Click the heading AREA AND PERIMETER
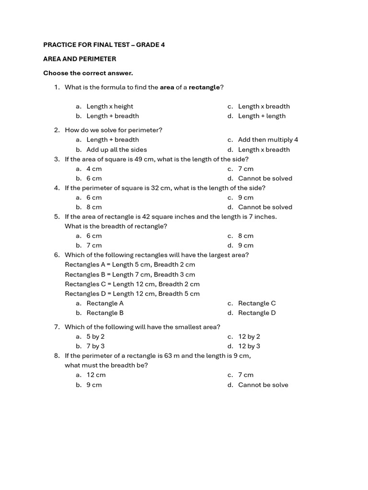pyautogui.click(x=80, y=59)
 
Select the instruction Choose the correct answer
pyautogui.click(x=88, y=73)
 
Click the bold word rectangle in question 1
pyautogui.click(x=204, y=87)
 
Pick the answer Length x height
pyautogui.click(x=110, y=106)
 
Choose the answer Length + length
pyautogui.click(x=262, y=116)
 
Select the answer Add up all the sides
pyautogui.click(x=116, y=149)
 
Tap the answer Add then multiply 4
pyautogui.click(x=268, y=140)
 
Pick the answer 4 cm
pyautogui.click(x=94, y=168)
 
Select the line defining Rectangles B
pyautogui.click(x=130, y=274)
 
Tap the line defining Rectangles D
pyautogui.click(x=132, y=293)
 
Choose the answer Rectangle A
pyautogui.click(x=105, y=303)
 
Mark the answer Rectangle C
pyautogui.click(x=257, y=303)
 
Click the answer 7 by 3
pyautogui.click(x=95, y=346)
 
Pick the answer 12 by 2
pyautogui.click(x=249, y=336)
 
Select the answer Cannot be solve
pyautogui.click(x=263, y=385)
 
